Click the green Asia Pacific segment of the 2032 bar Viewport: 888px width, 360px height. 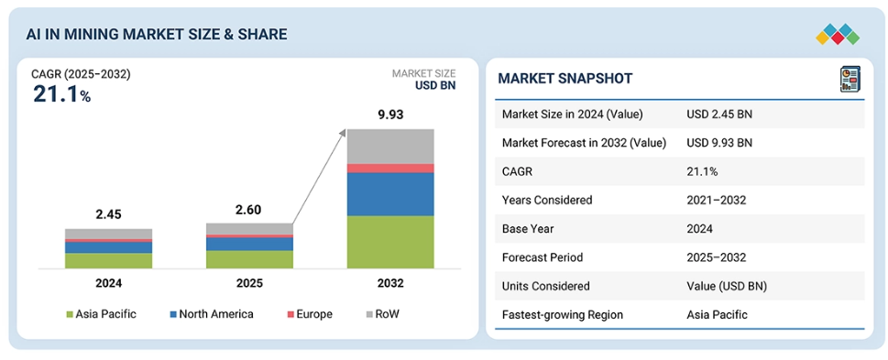coord(390,242)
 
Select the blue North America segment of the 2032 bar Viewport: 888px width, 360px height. coord(390,194)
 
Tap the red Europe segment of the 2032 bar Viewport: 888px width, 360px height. coord(390,169)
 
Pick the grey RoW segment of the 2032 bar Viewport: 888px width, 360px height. coord(390,146)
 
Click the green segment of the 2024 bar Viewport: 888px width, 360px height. coord(109,260)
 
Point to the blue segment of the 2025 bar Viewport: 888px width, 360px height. coord(250,244)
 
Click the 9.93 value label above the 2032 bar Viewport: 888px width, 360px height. coord(390,115)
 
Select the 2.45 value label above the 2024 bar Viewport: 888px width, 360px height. coord(109,214)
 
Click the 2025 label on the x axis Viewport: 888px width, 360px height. coord(250,283)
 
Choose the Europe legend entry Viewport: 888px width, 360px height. coord(310,313)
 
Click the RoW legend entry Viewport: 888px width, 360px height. coord(383,313)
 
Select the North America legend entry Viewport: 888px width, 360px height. coord(212,313)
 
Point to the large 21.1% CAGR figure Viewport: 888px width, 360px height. coord(61,94)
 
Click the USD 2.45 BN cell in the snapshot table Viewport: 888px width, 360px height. coord(719,114)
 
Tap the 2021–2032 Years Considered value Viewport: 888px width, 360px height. coord(717,200)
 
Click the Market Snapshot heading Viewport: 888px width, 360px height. coord(565,79)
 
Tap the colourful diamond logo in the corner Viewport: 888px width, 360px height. coord(838,35)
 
